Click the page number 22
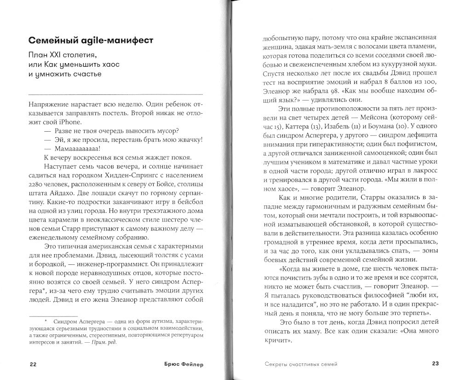[32, 364]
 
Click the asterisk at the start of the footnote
[46, 319]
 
